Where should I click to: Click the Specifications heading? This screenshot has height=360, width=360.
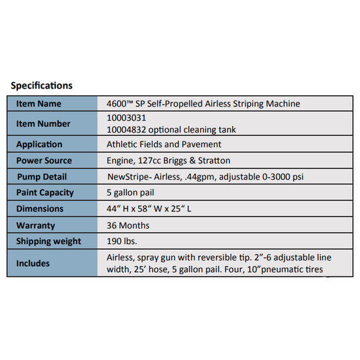point(41,86)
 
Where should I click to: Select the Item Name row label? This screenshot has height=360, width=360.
point(39,104)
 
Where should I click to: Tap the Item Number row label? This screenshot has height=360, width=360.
point(43,124)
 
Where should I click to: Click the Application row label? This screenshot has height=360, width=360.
point(39,144)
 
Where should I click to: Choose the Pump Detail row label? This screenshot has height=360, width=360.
point(41,177)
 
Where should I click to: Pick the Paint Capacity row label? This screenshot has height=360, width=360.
point(45,193)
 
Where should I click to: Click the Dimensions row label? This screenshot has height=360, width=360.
point(40,209)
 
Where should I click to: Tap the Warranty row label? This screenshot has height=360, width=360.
point(35,225)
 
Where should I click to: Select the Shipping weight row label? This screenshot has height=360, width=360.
point(49,241)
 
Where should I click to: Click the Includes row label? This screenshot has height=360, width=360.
point(33,263)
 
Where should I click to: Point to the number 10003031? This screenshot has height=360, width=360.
point(126,118)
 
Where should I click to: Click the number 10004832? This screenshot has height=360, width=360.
point(126,129)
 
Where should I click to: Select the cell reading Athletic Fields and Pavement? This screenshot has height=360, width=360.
point(164,144)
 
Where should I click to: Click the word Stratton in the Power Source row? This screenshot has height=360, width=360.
point(233,161)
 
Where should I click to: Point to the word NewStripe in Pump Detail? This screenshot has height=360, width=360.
point(131,177)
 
